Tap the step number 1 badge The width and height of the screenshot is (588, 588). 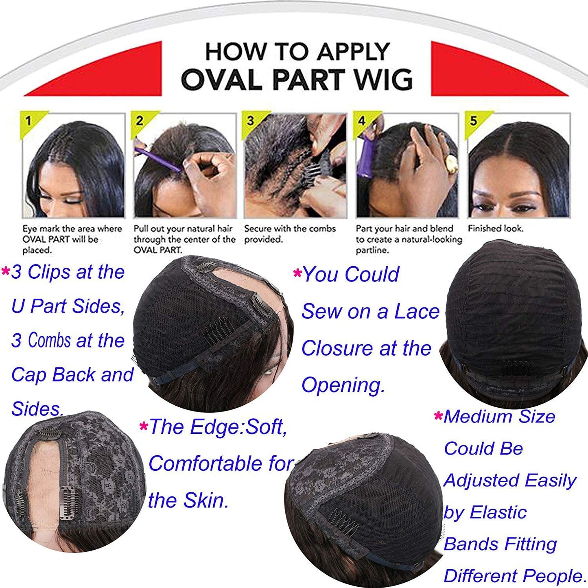tap(28, 120)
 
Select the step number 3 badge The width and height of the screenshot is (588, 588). tap(250, 120)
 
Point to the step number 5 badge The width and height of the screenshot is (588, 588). tap(473, 120)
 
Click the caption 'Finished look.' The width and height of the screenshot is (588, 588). tap(495, 228)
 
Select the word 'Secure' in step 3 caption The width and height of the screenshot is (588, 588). tap(258, 229)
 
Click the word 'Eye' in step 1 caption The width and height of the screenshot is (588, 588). tap(29, 229)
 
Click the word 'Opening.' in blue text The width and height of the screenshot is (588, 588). tap(343, 385)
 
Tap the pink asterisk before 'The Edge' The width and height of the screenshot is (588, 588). tap(143, 426)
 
